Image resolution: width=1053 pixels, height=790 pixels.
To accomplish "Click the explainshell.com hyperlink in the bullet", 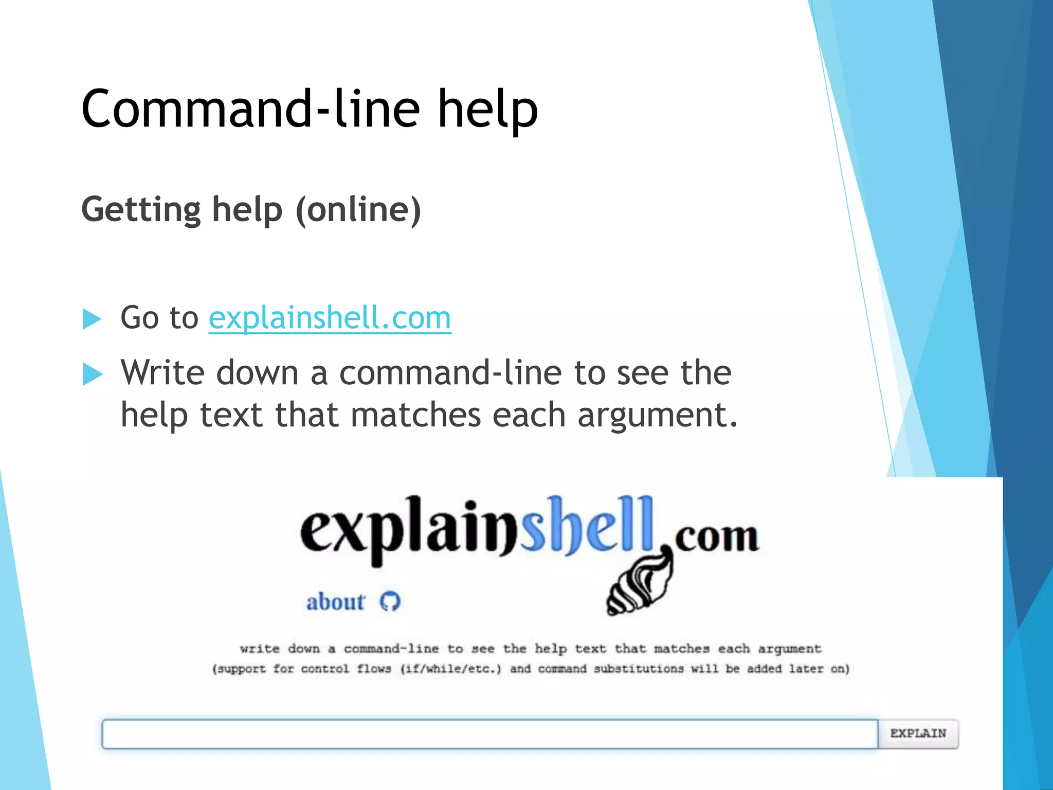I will click(330, 318).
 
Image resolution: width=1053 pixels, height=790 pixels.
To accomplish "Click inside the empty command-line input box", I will click(488, 734).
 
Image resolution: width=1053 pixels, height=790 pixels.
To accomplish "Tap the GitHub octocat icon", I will click(390, 601).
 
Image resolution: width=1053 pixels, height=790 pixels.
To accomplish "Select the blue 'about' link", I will click(335, 602).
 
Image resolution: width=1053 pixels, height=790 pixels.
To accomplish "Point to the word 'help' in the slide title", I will click(487, 109).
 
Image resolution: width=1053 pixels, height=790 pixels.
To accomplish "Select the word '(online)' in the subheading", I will click(358, 210).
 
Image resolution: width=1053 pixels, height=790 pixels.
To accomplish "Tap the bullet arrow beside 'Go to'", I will click(92, 319).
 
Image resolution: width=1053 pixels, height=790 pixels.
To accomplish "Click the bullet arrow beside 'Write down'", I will click(92, 374).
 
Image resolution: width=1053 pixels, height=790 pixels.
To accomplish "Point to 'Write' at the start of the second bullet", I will click(162, 372).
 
